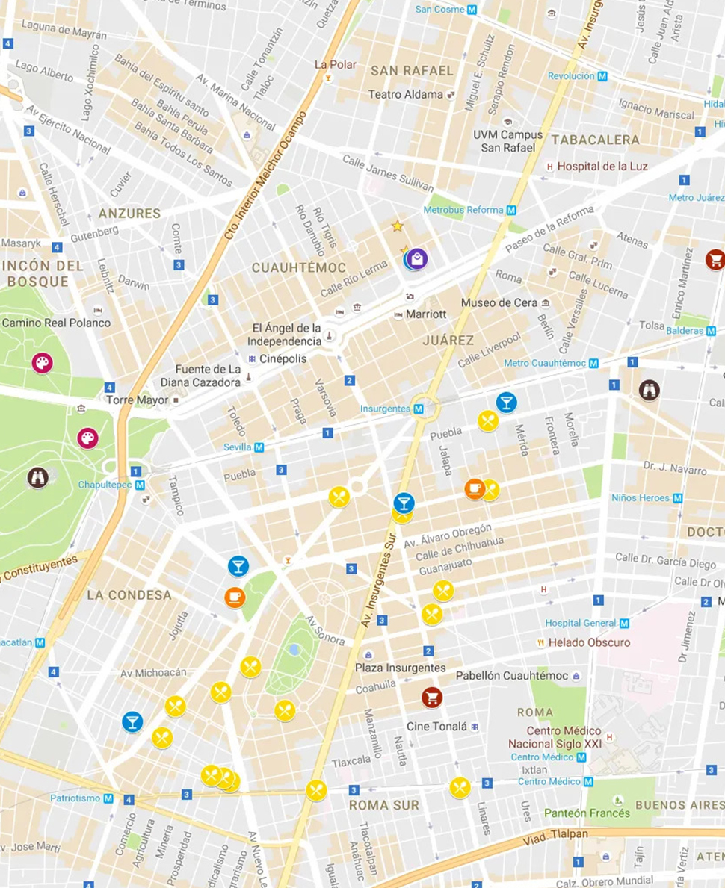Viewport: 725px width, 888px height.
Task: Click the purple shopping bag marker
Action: [417, 259]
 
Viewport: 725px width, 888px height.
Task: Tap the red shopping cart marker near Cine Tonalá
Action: [431, 697]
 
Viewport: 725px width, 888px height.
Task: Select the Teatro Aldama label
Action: [406, 95]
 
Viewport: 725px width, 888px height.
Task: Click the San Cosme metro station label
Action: [440, 10]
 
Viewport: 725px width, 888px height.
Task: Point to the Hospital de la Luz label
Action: [602, 166]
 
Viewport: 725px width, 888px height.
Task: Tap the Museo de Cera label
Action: [499, 302]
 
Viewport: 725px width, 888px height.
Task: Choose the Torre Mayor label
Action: [137, 400]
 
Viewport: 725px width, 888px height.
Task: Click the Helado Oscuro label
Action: [589, 642]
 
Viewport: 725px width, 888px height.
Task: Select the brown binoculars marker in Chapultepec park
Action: [37, 477]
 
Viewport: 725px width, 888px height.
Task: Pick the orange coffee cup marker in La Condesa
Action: [235, 597]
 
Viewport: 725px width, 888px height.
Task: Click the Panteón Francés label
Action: [587, 813]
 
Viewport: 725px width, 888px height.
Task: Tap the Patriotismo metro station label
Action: [75, 798]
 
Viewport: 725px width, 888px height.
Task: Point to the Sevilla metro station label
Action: [238, 447]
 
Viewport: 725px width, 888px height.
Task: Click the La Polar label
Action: [335, 65]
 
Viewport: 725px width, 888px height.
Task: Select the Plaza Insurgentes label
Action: [400, 668]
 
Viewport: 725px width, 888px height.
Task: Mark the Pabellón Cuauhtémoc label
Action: [512, 676]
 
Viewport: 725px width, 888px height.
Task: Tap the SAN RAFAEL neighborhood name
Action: [412, 71]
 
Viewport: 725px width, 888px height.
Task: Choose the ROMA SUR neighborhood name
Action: [383, 805]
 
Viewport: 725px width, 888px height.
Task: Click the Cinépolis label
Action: [283, 359]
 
